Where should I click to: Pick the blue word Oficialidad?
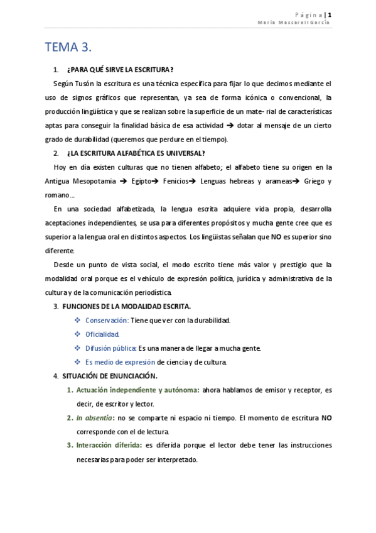[102, 334]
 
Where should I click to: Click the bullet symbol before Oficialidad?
[78, 334]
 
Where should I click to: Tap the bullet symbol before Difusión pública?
[78, 348]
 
